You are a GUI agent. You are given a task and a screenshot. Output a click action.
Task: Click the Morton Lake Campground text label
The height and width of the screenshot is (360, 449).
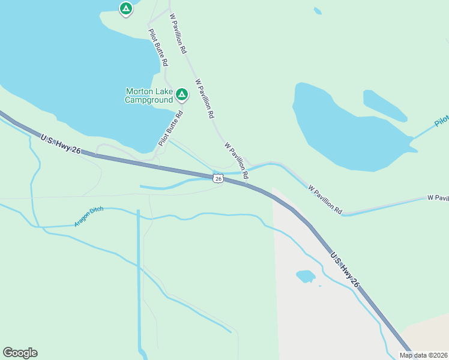tap(148, 95)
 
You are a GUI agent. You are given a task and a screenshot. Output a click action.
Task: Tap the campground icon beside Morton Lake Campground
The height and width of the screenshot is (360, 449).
tap(182, 94)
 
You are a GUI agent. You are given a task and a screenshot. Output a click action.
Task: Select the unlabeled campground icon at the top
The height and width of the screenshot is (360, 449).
tap(125, 8)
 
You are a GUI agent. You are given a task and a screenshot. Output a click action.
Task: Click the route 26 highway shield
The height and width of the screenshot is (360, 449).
tap(218, 178)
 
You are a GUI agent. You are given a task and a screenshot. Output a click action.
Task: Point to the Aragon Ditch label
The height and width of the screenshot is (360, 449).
tap(89, 216)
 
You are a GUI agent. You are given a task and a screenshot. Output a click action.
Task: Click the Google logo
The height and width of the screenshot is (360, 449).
tap(20, 353)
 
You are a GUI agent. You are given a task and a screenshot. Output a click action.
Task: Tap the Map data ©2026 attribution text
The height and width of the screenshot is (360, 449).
tap(423, 355)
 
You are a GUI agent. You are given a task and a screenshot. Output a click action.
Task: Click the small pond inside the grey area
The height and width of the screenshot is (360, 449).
tap(306, 276)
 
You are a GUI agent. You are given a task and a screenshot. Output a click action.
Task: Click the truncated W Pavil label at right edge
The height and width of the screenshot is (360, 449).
tap(438, 197)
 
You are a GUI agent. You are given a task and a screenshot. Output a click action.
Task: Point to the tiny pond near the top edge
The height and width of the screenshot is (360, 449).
tap(317, 11)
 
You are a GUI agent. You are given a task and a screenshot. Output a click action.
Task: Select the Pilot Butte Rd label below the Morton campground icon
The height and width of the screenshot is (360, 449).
tap(170, 128)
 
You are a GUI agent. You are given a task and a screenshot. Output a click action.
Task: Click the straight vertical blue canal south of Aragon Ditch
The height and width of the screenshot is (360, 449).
tap(139, 276)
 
